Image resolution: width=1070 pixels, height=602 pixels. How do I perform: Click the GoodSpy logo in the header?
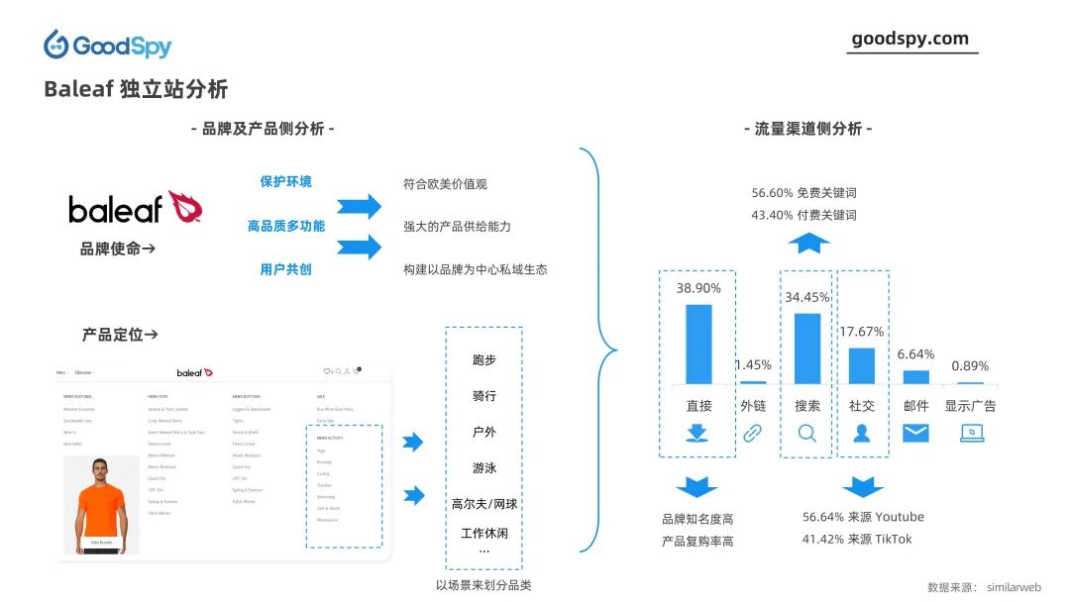[107, 45]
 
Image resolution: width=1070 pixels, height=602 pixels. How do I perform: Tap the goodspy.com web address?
[909, 39]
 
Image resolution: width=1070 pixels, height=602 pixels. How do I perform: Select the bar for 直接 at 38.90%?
[698, 344]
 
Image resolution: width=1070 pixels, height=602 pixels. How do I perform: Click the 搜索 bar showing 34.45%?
[807, 349]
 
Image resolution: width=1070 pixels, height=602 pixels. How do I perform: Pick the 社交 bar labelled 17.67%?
[862, 365]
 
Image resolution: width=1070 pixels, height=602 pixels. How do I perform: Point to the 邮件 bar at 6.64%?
[916, 377]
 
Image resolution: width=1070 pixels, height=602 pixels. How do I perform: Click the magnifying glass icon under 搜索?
[807, 433]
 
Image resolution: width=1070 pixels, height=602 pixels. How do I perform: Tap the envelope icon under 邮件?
[915, 433]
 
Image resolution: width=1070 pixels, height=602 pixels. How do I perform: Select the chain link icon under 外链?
[753, 433]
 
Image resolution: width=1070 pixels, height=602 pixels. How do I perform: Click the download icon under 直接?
[697, 433]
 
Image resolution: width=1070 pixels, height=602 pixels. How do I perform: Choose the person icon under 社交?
[862, 433]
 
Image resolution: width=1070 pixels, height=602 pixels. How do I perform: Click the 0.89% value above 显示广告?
[970, 366]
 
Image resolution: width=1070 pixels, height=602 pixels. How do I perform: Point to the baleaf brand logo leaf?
[185, 207]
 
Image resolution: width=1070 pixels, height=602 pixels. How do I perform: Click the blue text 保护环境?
[285, 181]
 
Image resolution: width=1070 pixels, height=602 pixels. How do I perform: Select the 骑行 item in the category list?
[483, 396]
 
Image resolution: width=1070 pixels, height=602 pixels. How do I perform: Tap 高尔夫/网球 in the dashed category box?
[483, 504]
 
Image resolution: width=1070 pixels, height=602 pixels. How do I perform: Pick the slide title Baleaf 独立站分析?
[136, 89]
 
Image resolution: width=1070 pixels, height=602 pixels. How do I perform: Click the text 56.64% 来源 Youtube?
[862, 517]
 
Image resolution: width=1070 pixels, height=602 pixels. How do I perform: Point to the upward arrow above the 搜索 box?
[808, 243]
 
